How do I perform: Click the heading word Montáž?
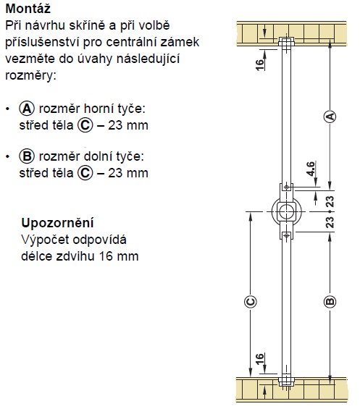click(28, 9)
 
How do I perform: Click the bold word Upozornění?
click(57, 223)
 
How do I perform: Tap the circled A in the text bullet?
click(27, 109)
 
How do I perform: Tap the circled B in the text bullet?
click(27, 156)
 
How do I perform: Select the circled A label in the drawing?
click(330, 116)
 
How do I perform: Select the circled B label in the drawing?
click(330, 302)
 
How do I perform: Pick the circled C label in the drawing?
click(251, 302)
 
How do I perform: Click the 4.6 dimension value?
click(311, 169)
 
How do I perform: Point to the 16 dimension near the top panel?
click(259, 64)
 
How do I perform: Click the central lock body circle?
click(286, 211)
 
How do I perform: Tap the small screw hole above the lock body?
click(286, 187)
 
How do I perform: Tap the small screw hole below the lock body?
click(286, 235)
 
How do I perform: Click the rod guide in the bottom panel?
click(286, 381)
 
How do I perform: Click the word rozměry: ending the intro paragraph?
click(31, 75)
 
